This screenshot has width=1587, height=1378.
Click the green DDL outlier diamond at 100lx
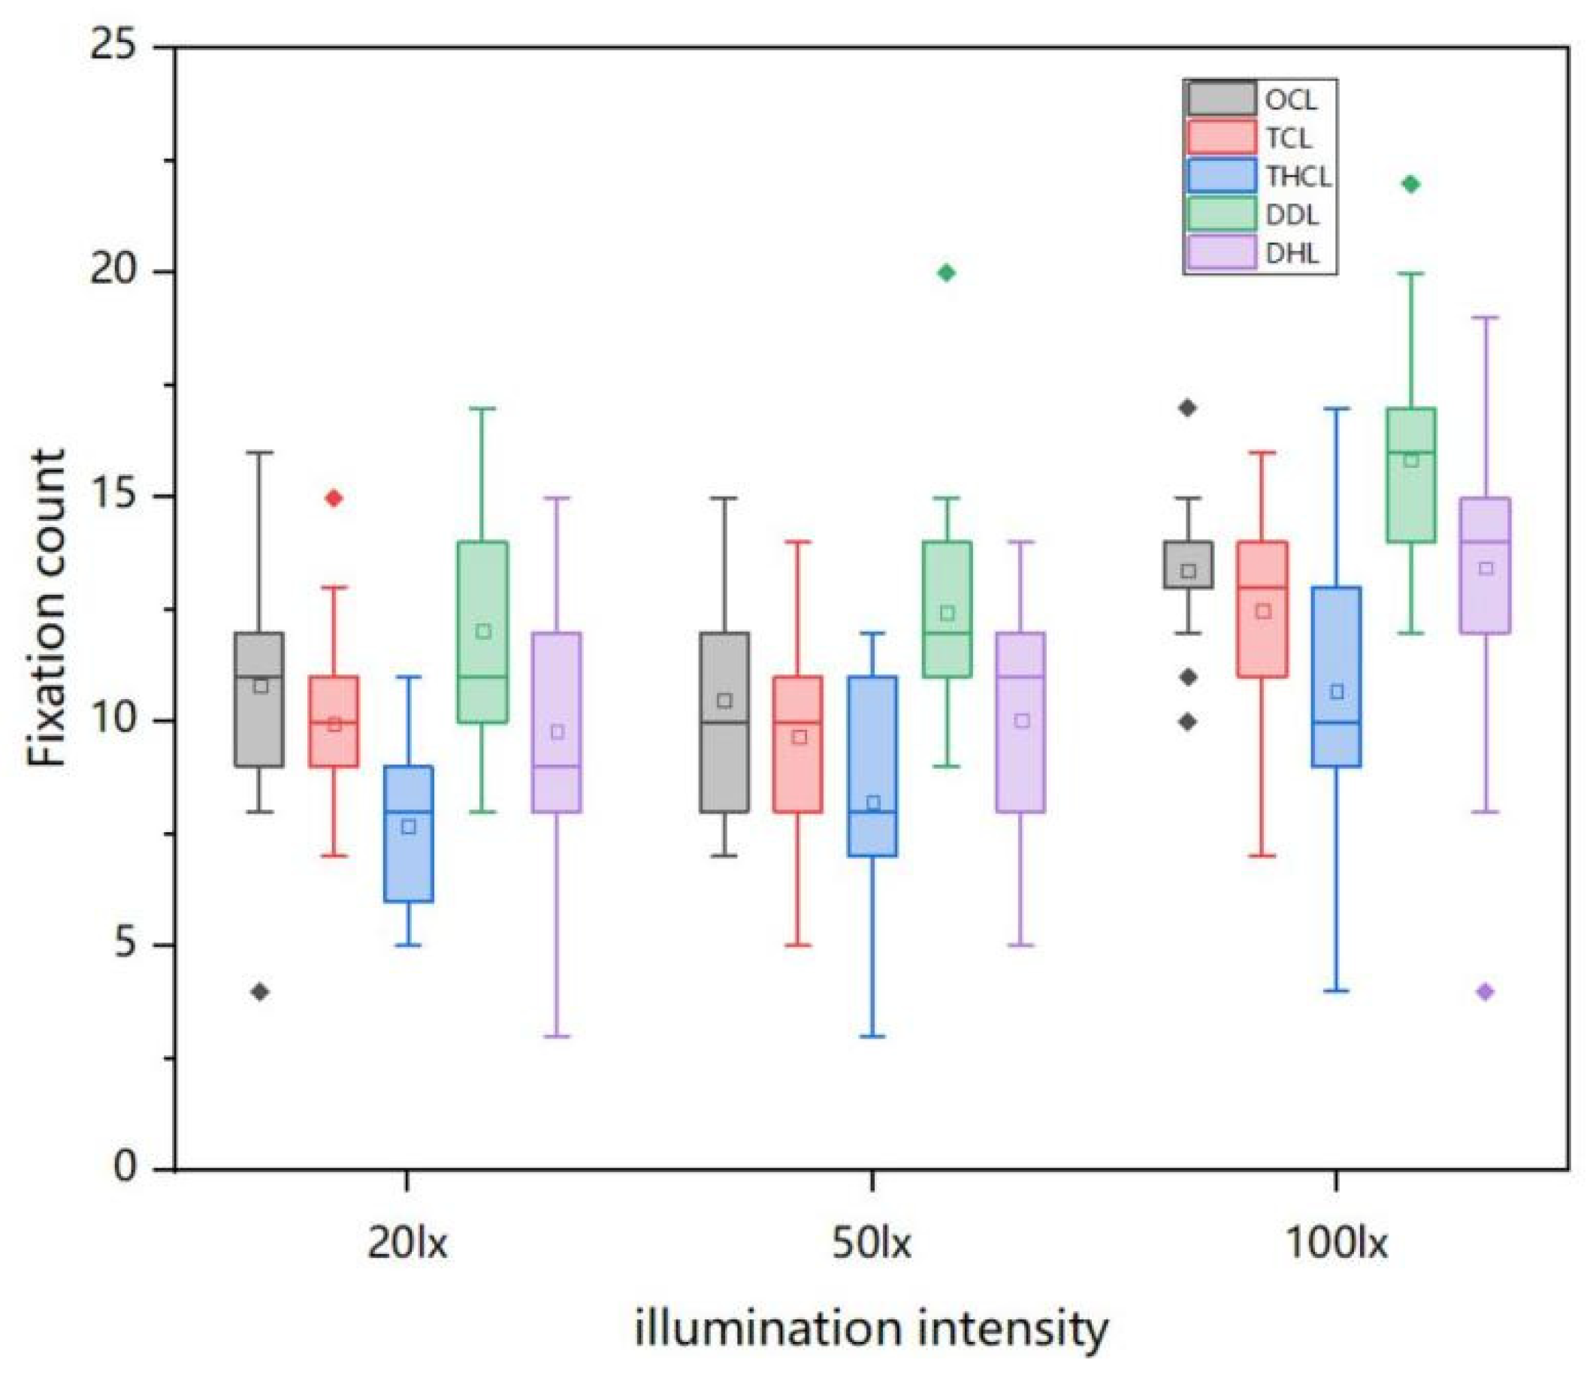[x=1411, y=185]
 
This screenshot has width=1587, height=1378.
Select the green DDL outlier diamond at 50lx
[x=947, y=273]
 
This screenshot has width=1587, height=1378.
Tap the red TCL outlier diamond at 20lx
[x=334, y=499]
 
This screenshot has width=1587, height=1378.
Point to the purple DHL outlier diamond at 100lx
[x=1486, y=992]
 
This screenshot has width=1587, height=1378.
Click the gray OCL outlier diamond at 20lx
[x=260, y=992]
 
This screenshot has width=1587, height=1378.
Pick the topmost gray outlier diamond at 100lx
[x=1189, y=409]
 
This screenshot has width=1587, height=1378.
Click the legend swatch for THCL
[x=1223, y=176]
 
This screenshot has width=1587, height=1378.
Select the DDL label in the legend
[x=1292, y=216]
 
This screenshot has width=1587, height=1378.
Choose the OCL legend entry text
[x=1292, y=100]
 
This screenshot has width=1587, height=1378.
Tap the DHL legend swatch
[x=1223, y=253]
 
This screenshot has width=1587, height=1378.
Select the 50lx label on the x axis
[x=872, y=1244]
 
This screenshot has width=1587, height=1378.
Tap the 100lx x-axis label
[x=1337, y=1244]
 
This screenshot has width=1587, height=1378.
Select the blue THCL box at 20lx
[x=409, y=834]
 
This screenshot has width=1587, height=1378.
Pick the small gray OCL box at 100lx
[x=1189, y=565]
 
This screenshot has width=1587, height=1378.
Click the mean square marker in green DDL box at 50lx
[x=948, y=613]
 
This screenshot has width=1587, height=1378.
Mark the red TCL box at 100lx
[x=1262, y=610]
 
